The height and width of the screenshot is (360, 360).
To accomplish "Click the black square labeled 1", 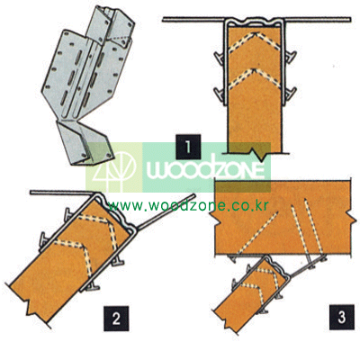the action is [x=188, y=147].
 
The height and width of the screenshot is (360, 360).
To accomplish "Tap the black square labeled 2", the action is [x=116, y=318].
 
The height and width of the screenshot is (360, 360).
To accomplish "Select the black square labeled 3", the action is [x=341, y=318].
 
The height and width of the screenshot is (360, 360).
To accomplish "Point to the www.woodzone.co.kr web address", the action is [x=188, y=206].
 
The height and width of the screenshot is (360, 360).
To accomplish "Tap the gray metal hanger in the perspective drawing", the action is [x=88, y=85].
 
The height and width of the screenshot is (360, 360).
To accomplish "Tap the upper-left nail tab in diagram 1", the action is [x=219, y=57].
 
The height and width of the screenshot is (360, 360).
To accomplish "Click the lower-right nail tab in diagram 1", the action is [x=291, y=94].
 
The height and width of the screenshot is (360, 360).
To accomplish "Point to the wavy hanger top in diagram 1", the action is [x=255, y=22].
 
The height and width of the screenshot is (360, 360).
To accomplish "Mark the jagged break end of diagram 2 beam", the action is [x=29, y=303].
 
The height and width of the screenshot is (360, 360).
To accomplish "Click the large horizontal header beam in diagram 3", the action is [x=283, y=218].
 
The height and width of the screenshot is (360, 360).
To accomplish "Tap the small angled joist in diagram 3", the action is [x=250, y=295].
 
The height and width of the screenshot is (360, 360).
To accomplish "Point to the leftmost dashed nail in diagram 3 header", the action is [x=258, y=232].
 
